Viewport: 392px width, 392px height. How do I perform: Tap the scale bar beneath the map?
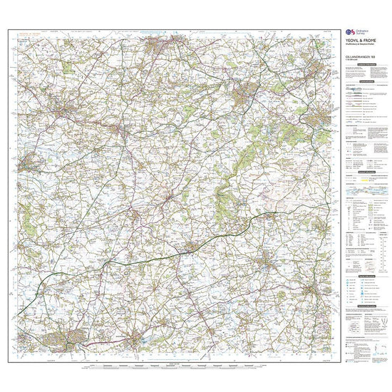coord(178,366)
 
